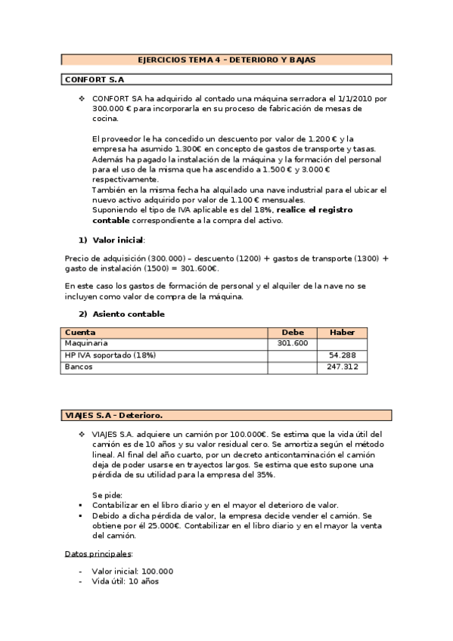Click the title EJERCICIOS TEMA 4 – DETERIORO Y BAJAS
click(226, 59)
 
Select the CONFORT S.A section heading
click(95, 79)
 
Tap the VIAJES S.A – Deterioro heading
click(114, 414)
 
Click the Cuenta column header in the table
click(80, 333)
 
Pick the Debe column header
click(293, 333)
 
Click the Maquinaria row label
click(86, 343)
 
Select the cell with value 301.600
click(293, 343)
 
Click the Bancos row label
click(79, 367)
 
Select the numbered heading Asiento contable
click(128, 314)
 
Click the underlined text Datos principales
click(99, 553)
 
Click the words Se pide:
click(107, 494)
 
